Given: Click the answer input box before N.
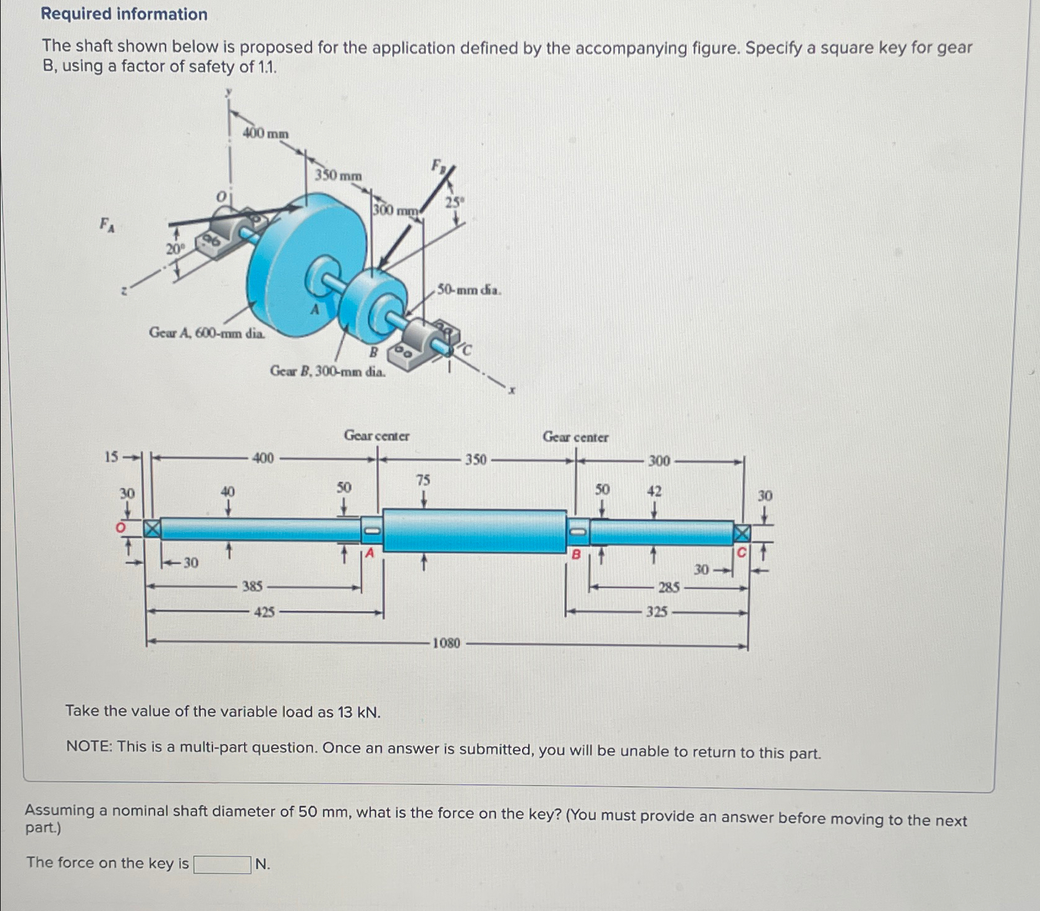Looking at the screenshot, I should click(222, 864).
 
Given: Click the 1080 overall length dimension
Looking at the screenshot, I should click(446, 643).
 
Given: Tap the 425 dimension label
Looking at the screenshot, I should click(264, 612).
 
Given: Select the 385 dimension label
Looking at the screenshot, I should click(252, 586).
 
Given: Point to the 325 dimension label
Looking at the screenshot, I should click(657, 612).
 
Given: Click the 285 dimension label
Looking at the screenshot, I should click(669, 587).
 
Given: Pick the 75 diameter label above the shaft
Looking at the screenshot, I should click(423, 480).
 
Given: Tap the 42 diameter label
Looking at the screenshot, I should click(654, 491).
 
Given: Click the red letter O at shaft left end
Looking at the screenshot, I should click(121, 527).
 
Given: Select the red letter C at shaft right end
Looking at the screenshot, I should click(742, 551).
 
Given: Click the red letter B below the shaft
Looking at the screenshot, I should click(576, 554).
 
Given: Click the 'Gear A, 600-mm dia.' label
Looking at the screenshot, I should click(208, 333).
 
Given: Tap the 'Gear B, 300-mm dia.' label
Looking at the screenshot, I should click(328, 371).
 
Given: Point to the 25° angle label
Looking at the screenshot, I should click(455, 201).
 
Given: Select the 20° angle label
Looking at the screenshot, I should click(175, 249).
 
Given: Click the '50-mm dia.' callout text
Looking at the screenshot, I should click(469, 289).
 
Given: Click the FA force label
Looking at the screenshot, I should click(107, 224).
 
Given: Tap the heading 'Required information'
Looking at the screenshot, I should click(124, 14).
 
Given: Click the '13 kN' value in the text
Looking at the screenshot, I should click(358, 712).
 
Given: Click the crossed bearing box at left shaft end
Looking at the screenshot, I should click(152, 528).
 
